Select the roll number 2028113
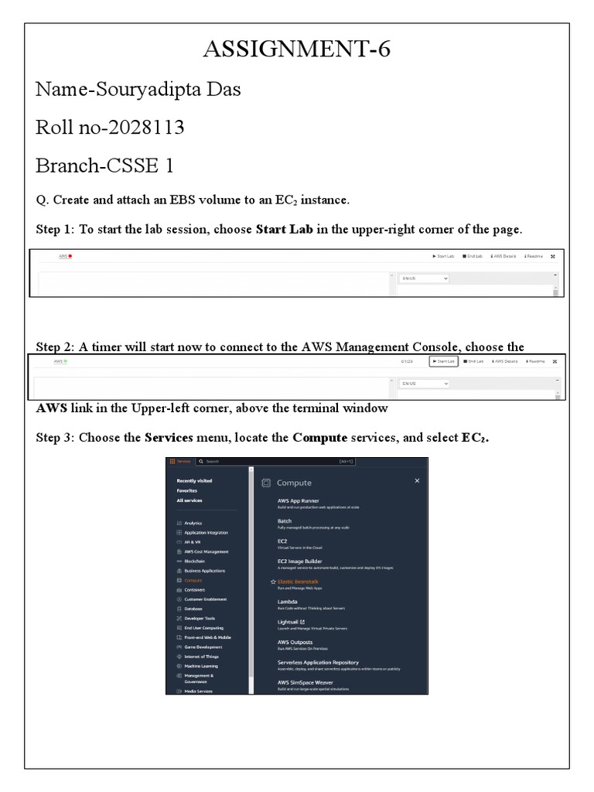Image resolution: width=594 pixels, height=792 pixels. pyautogui.click(x=148, y=128)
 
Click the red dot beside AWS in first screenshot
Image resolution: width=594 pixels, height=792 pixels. pyautogui.click(x=70, y=256)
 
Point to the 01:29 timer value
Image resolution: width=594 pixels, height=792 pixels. pyautogui.click(x=408, y=361)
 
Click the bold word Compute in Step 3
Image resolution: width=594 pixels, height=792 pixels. pyautogui.click(x=320, y=438)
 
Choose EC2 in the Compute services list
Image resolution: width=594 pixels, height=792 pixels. pyautogui.click(x=282, y=541)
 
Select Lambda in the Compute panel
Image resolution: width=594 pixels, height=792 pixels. pyautogui.click(x=288, y=601)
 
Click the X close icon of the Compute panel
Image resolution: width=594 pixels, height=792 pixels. pyautogui.click(x=417, y=480)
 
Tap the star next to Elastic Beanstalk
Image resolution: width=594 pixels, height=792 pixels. pyautogui.click(x=273, y=581)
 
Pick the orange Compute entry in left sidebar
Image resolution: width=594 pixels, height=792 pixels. pyautogui.click(x=193, y=579)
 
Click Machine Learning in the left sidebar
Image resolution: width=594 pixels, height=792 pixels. pyautogui.click(x=200, y=665)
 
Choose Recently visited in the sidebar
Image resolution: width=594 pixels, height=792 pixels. pyautogui.click(x=194, y=480)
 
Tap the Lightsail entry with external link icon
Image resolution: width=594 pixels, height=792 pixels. pyautogui.click(x=290, y=621)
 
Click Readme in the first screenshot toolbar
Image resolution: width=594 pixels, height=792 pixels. pyautogui.click(x=535, y=256)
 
